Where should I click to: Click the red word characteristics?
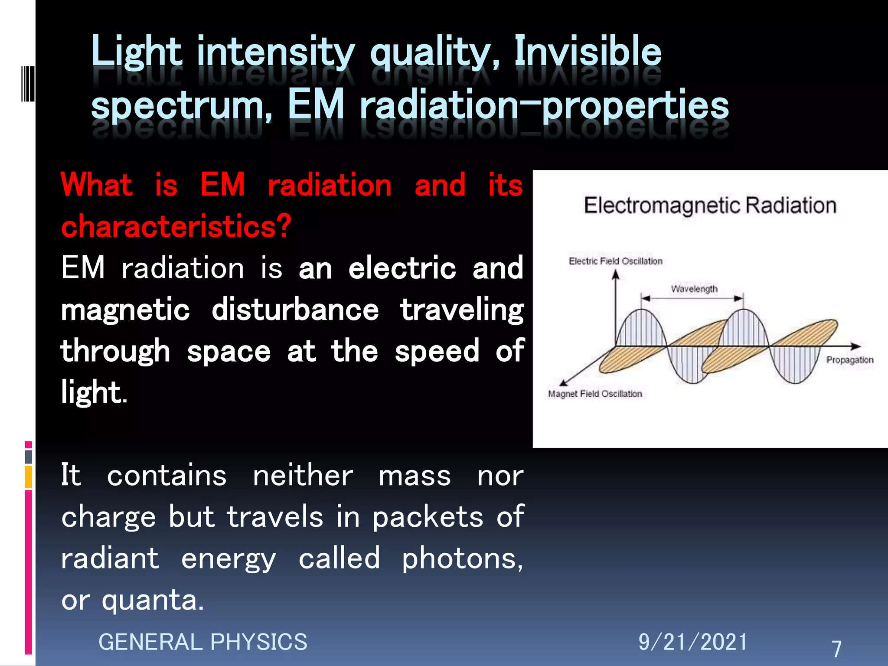176,226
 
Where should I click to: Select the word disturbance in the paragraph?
295,310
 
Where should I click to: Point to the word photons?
462,559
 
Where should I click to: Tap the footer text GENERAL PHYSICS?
202,642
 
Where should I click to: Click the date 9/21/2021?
692,642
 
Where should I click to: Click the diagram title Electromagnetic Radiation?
710,206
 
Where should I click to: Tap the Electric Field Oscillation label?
615,261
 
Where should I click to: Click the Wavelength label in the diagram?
694,289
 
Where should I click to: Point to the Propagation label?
849,360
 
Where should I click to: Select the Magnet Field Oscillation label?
594,394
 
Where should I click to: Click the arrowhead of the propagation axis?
856,346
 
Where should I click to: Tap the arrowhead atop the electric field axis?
615,274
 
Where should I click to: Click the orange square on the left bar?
28,477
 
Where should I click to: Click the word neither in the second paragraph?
303,476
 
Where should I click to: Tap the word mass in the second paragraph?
415,476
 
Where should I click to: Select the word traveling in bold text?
462,310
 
